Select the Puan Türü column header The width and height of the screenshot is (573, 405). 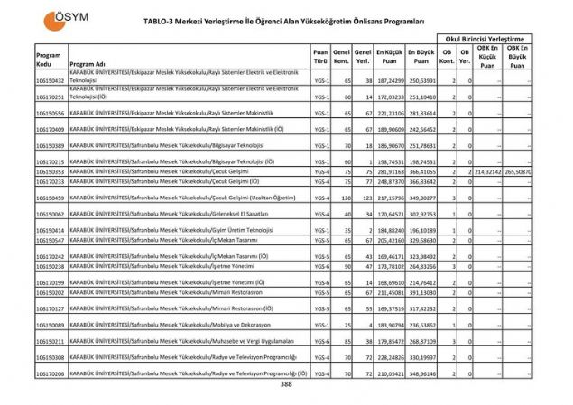coord(320,59)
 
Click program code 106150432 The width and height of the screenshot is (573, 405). coord(50,80)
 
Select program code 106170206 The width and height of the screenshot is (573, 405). coord(50,373)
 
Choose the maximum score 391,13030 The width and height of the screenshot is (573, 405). coord(422,292)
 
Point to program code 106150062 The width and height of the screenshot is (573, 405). coord(50,214)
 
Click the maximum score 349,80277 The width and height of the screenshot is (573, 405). coord(422,197)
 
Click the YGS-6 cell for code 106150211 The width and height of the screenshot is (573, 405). coord(320,342)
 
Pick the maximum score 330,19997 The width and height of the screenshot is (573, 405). coord(422,357)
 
